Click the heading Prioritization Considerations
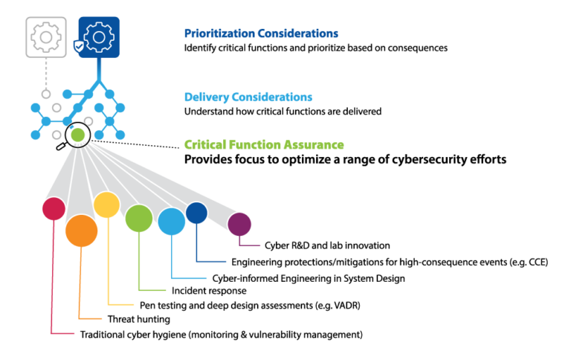point(261,33)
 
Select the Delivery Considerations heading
point(248,97)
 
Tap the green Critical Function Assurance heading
point(264,144)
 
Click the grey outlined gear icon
point(46,37)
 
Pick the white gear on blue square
point(99,37)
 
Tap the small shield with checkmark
point(79,47)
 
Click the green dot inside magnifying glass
point(77,135)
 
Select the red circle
point(54,208)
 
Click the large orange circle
point(82,231)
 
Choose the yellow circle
point(107,205)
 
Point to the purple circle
point(239,224)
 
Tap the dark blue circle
point(196,213)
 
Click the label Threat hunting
point(139,319)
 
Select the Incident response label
point(209,291)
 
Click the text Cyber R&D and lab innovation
point(327,245)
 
